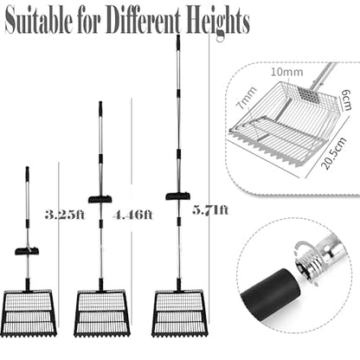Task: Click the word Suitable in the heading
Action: (x=39, y=20)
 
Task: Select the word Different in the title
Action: (x=144, y=21)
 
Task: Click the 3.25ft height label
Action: (x=65, y=215)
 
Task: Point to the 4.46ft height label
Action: (x=132, y=215)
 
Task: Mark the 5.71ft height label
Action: (x=210, y=209)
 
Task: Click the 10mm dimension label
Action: (x=287, y=72)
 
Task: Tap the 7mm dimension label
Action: (x=246, y=98)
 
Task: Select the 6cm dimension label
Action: (x=345, y=100)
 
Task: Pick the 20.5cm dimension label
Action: (x=334, y=153)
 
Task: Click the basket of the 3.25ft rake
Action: (x=29, y=313)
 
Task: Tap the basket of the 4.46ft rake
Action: (x=102, y=313)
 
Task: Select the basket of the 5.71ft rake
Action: (x=179, y=313)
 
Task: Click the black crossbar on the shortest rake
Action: (x=27, y=251)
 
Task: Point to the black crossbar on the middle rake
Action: (x=100, y=199)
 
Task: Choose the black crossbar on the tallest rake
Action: (x=177, y=196)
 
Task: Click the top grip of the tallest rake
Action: (x=178, y=41)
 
